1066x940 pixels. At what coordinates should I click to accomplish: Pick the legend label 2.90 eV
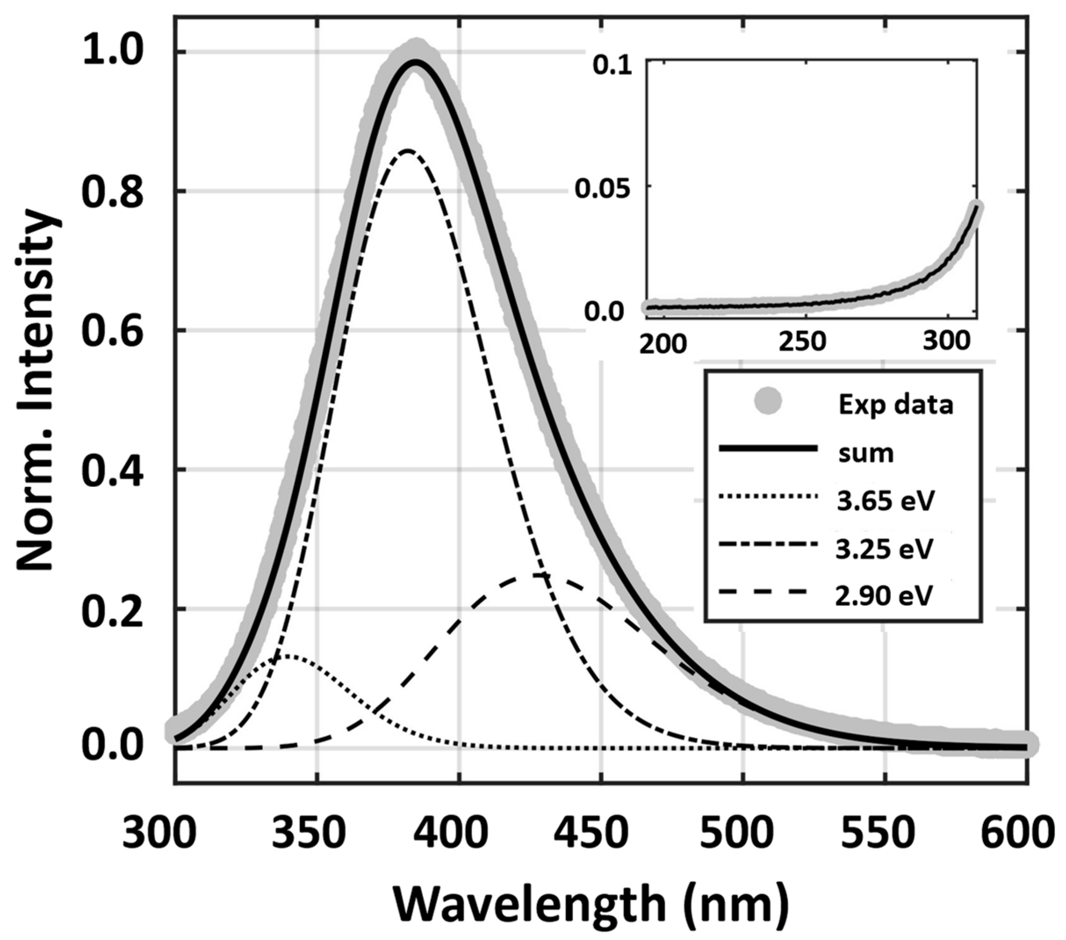pyautogui.click(x=884, y=596)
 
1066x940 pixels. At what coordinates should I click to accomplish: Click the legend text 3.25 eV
pyautogui.click(x=884, y=549)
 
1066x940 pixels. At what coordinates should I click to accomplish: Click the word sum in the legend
pyautogui.click(x=866, y=453)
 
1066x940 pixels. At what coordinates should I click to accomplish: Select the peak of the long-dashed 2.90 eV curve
pyautogui.click(x=535, y=576)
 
